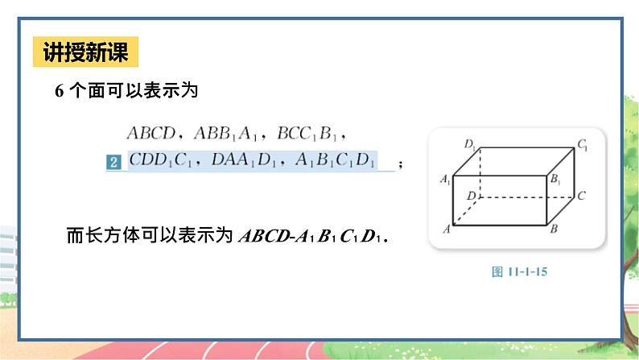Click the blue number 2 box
[x=113, y=163]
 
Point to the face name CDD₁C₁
[x=161, y=161]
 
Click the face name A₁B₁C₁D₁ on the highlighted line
[x=335, y=161]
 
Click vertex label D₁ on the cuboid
[x=471, y=145]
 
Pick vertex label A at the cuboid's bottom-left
[x=445, y=230]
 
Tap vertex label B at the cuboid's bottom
[x=554, y=230]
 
